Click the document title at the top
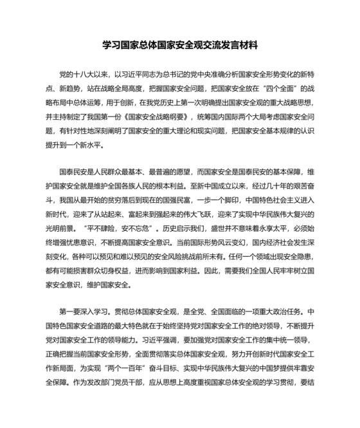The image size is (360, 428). (x=180, y=46)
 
